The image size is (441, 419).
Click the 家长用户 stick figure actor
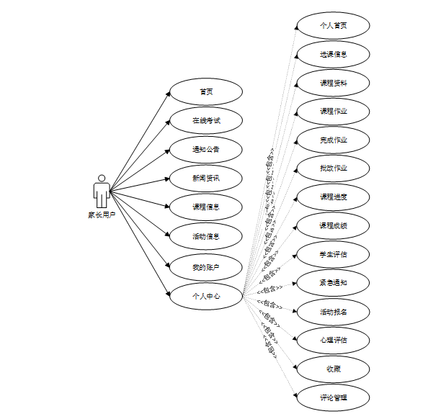click(x=102, y=191)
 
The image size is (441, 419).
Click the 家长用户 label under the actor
click(x=102, y=215)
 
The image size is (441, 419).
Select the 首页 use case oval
click(x=206, y=92)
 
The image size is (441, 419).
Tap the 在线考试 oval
click(x=206, y=121)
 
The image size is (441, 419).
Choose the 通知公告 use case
click(x=206, y=150)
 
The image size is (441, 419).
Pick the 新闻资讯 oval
click(x=206, y=178)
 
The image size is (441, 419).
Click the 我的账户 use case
click(x=206, y=268)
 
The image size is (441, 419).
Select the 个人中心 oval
click(x=206, y=296)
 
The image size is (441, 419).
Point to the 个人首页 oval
click(x=334, y=25)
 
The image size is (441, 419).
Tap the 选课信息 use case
click(x=334, y=54)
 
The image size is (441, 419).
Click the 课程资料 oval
click(x=334, y=83)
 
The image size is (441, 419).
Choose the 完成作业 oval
click(x=334, y=140)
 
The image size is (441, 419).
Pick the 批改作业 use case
click(x=334, y=168)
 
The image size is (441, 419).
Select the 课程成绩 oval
click(x=334, y=225)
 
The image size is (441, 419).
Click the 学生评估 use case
click(x=334, y=254)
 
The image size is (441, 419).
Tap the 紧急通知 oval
click(x=334, y=283)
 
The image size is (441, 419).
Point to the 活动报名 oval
click(x=334, y=312)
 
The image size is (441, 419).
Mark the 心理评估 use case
click(x=334, y=340)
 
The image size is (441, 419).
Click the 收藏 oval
click(x=334, y=369)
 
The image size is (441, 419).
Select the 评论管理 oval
click(x=334, y=397)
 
